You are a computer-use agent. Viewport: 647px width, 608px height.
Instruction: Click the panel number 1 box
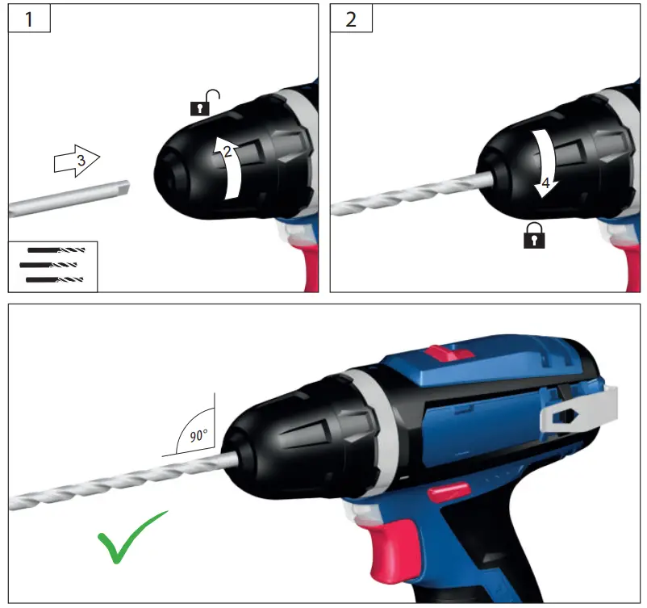(30, 19)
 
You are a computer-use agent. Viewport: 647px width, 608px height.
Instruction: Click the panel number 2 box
(351, 19)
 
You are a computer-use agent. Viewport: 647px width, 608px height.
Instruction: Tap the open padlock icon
(205, 103)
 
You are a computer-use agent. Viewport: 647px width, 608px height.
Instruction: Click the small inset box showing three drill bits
(52, 266)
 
